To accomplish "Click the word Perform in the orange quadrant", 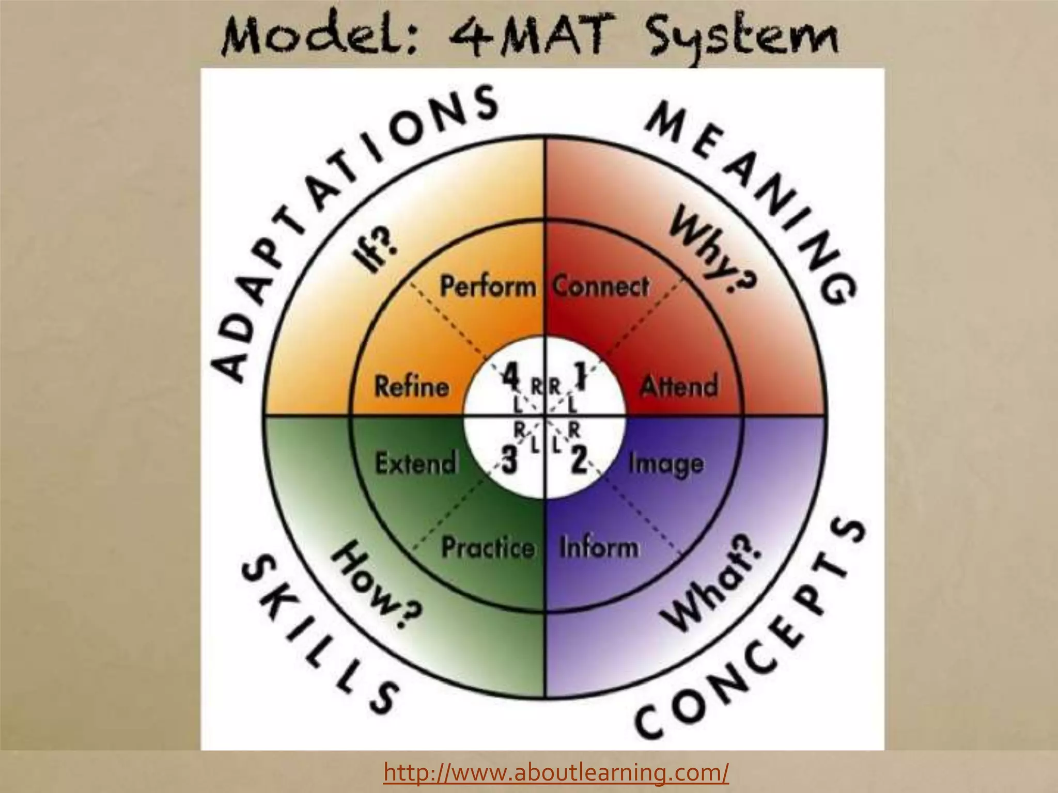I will pos(488,287).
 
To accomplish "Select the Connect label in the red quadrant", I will pos(600,287).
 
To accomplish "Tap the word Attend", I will pos(679,386).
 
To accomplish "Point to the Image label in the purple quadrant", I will pos(665,464).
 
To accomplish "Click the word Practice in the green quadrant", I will pos(488,547).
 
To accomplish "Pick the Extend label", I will pos(416,463).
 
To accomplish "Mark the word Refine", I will pos(411,386).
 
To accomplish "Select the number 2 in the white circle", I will pos(578,460).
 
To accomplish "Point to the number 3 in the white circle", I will pos(509,460).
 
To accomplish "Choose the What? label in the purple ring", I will pos(713,583).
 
